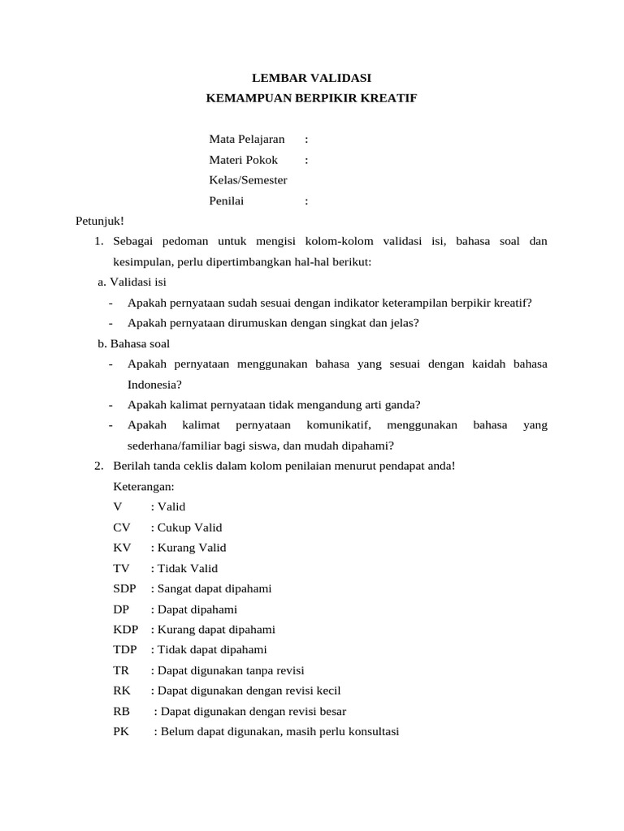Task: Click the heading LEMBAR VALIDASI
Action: pyautogui.click(x=312, y=78)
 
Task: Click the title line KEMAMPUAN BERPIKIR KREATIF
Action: pyautogui.click(x=312, y=98)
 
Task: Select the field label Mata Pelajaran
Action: pyautogui.click(x=247, y=140)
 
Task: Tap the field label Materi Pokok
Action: pyautogui.click(x=244, y=160)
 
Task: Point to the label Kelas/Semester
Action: pyautogui.click(x=248, y=180)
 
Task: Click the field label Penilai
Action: pyautogui.click(x=227, y=201)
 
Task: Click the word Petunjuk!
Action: pyautogui.click(x=99, y=221)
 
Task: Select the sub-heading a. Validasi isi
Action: pyautogui.click(x=132, y=282)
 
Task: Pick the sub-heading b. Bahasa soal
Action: pyautogui.click(x=133, y=343)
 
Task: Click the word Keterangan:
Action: pyautogui.click(x=144, y=486)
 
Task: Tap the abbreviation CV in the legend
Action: pyautogui.click(x=122, y=527)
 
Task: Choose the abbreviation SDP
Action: pyautogui.click(x=125, y=588)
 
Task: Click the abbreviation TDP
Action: pyautogui.click(x=125, y=650)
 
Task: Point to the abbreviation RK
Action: pyautogui.click(x=122, y=691)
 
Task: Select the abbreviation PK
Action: pyautogui.click(x=121, y=732)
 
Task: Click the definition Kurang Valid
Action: pyautogui.click(x=192, y=548)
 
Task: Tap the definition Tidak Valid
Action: pyautogui.click(x=188, y=568)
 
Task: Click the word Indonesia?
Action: pyautogui.click(x=154, y=384)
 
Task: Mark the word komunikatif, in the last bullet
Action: pyautogui.click(x=340, y=425)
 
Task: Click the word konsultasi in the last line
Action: pyautogui.click(x=373, y=732)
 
